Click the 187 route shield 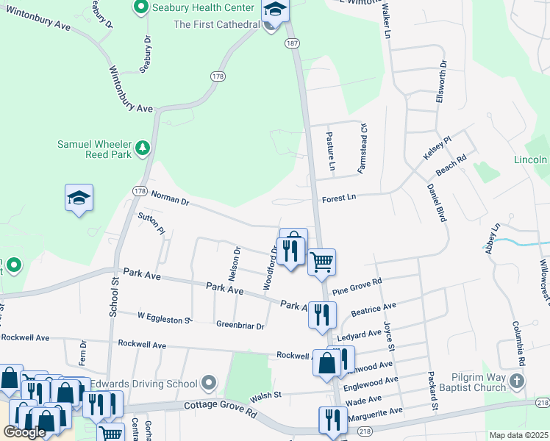293,44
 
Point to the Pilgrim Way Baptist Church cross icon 518,380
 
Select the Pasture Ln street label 331,152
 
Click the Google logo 24,432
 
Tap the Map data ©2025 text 518,435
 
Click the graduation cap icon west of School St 79,198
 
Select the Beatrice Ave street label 374,309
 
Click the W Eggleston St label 165,317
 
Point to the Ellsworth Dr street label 440,82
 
